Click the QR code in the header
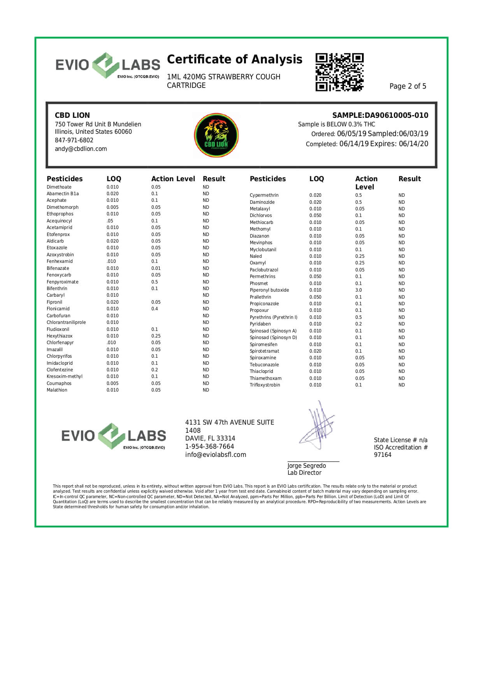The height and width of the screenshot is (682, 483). coord(339,72)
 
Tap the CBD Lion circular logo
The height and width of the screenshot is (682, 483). coord(216,135)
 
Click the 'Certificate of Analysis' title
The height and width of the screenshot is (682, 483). coord(234,59)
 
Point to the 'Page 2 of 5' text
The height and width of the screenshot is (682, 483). coord(407,86)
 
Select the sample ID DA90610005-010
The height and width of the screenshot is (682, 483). coord(396,115)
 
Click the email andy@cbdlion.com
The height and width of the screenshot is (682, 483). coord(81,149)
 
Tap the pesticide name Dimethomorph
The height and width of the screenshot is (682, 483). coord(63,207)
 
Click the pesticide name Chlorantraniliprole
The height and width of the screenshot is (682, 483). coord(66,322)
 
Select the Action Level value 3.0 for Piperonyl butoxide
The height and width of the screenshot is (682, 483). coord(358,290)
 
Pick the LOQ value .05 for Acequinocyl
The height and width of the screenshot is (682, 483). coord(110,221)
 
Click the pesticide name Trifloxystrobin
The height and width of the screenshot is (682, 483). coord(265,385)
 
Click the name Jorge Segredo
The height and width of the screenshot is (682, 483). coord(306,466)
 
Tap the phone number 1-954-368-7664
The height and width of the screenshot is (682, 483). coord(209,447)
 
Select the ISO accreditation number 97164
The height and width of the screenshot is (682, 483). coord(383,455)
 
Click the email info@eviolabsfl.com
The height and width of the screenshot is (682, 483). coord(216,455)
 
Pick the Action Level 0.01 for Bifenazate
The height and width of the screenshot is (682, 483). coord(156,268)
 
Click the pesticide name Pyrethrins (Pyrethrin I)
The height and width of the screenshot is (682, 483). coord(273,317)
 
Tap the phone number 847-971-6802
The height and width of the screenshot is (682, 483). coord(74,140)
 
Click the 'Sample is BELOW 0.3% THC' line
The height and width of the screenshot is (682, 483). coord(336,124)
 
